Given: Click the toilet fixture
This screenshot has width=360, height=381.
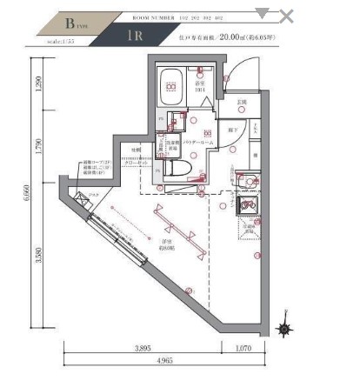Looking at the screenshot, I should tap(172, 165).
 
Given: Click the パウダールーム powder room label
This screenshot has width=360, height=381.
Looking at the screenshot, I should tap(199, 140).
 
